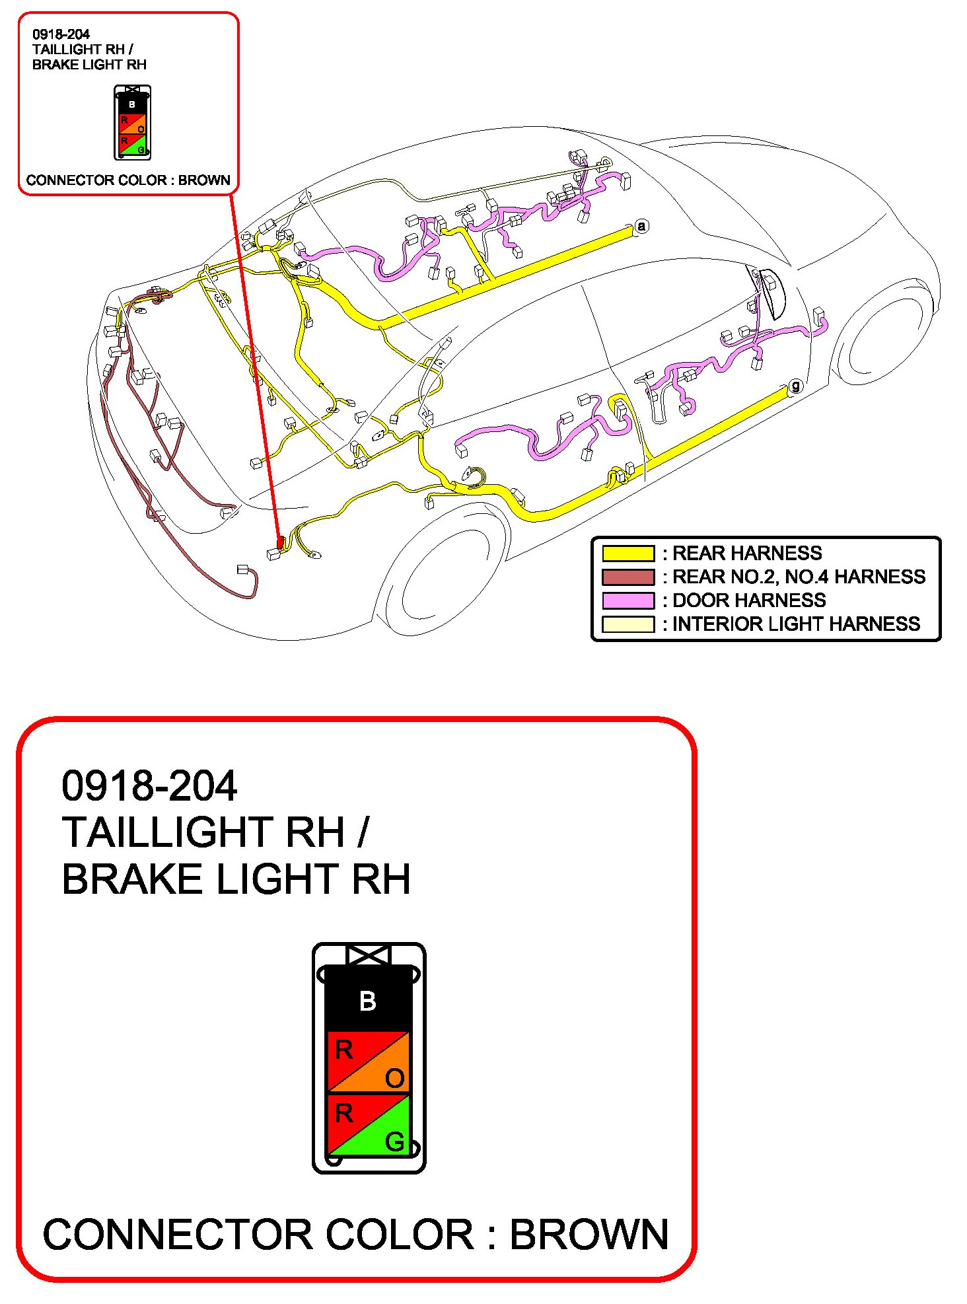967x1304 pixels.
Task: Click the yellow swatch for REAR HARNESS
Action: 627,553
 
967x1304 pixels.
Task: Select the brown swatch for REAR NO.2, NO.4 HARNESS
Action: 627,577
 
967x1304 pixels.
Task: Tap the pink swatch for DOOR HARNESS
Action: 627,600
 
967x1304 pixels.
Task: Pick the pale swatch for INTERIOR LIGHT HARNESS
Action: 627,624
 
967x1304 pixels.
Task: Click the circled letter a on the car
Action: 641,227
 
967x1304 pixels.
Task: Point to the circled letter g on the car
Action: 796,386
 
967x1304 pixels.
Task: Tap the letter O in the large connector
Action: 394,1078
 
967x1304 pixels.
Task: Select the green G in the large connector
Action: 394,1141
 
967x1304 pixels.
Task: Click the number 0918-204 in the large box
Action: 149,786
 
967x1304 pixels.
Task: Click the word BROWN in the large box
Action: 589,1234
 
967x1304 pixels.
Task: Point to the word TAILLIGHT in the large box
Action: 203,832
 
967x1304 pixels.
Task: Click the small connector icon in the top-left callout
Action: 133,123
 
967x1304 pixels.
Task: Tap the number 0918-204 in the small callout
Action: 61,34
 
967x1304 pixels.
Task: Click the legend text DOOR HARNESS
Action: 749,600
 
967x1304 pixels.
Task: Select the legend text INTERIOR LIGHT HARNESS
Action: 796,624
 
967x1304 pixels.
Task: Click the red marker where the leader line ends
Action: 280,542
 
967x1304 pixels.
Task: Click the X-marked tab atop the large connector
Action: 369,955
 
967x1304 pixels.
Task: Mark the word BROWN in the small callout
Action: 204,180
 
